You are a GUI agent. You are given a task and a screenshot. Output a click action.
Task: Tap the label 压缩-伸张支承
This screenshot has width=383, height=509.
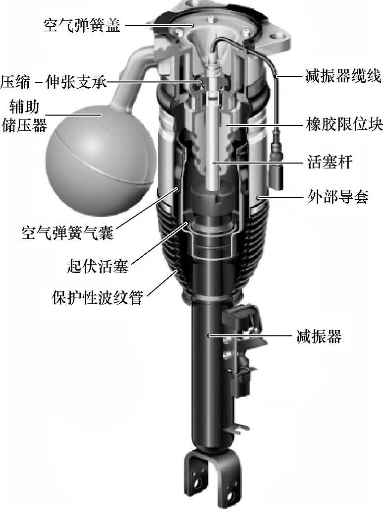pyautogui.click(x=54, y=81)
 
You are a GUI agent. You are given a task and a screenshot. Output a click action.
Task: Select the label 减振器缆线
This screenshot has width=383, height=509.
pyautogui.click(x=342, y=77)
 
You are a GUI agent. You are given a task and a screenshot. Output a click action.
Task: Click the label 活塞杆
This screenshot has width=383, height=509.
pyautogui.click(x=329, y=162)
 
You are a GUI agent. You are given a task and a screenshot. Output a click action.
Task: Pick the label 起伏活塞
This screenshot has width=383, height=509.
pyautogui.click(x=97, y=266)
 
